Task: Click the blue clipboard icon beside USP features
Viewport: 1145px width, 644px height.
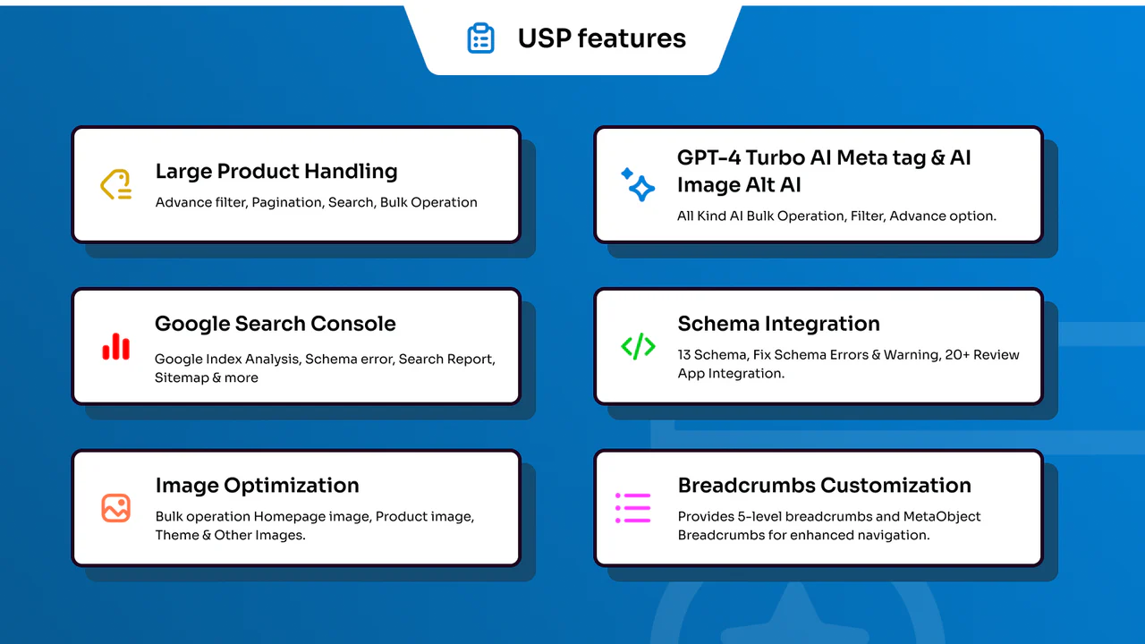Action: pos(480,38)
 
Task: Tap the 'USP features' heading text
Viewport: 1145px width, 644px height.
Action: pos(602,38)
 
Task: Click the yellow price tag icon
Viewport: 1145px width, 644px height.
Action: pos(116,184)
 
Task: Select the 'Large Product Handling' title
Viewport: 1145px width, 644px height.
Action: pos(276,172)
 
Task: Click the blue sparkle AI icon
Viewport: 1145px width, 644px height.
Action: pos(638,184)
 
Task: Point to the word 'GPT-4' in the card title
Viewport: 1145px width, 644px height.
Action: pos(708,157)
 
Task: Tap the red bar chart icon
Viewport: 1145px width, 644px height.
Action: pos(116,346)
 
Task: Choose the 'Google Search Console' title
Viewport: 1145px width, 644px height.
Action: pos(275,324)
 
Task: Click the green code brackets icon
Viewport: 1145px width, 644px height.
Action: pos(638,346)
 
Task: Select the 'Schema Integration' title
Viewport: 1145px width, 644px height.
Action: pos(778,324)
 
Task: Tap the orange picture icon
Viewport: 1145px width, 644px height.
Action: pos(116,507)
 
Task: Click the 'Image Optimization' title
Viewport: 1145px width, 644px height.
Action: pos(257,486)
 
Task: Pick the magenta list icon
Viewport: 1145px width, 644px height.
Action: pos(632,507)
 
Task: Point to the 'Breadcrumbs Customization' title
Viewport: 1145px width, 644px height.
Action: pos(824,486)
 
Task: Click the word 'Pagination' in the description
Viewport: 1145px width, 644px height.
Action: pos(287,202)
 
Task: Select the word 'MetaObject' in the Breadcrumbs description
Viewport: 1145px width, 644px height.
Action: pos(942,517)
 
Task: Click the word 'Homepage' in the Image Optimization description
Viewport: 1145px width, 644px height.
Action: pos(289,517)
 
